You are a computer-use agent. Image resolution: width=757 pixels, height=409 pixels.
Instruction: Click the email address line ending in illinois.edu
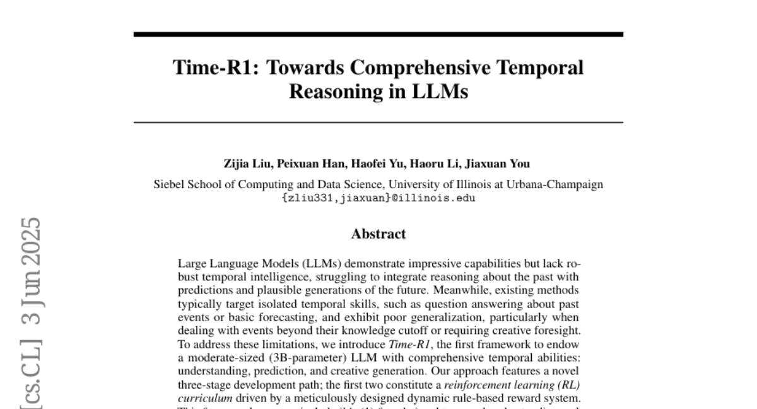378,198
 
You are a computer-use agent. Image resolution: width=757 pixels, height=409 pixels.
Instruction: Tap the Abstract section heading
378,234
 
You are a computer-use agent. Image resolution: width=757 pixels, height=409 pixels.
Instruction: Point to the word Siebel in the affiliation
168,185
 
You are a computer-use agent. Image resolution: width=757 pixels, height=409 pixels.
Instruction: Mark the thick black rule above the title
378,34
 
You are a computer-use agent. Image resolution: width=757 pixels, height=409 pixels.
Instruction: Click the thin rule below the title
378,122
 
